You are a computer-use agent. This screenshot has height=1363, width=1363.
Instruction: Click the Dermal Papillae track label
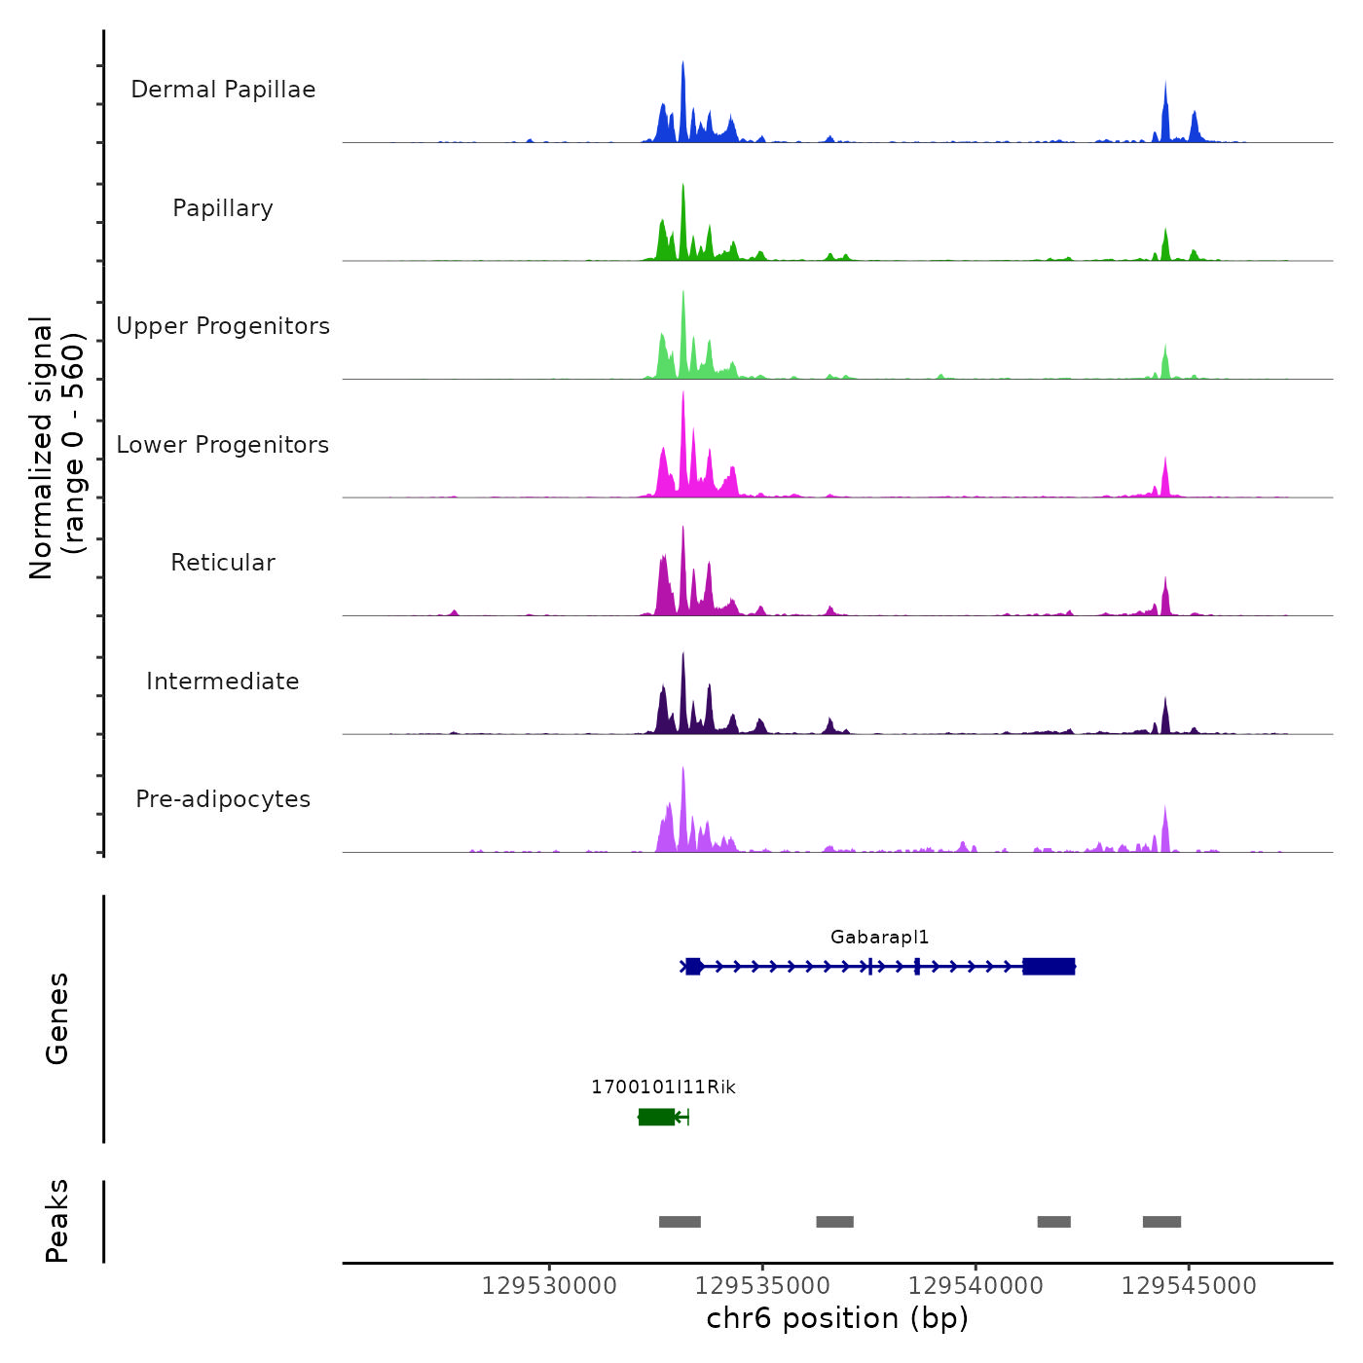click(223, 90)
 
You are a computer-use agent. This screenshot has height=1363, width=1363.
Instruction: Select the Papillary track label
click(223, 208)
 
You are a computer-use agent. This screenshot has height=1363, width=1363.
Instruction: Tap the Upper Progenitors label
click(223, 326)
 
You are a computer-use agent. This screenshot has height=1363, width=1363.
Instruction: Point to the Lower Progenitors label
click(223, 445)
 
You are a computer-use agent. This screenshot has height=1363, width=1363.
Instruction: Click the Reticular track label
click(223, 563)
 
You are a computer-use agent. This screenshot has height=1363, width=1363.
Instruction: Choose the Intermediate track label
click(223, 681)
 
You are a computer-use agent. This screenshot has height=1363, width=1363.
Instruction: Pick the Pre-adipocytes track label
click(223, 799)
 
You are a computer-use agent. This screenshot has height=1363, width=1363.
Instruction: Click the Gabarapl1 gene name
click(879, 938)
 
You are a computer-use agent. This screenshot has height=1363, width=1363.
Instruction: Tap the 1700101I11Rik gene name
click(663, 1087)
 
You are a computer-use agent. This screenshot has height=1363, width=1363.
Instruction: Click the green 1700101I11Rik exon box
click(656, 1117)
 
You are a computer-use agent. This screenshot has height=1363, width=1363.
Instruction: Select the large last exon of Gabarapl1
click(1049, 966)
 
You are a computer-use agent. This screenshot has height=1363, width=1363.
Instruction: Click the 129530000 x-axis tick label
click(549, 1286)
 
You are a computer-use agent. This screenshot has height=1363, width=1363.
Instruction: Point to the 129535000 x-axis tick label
click(762, 1286)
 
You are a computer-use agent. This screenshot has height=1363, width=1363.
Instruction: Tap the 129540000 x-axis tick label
click(976, 1286)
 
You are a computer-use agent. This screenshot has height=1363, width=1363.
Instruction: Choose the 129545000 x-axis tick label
click(1189, 1286)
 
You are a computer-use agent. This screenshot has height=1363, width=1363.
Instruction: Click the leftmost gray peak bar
click(680, 1222)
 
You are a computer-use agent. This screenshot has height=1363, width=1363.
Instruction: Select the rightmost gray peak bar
click(1161, 1222)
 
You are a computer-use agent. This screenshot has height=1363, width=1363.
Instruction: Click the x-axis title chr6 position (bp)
click(837, 1318)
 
